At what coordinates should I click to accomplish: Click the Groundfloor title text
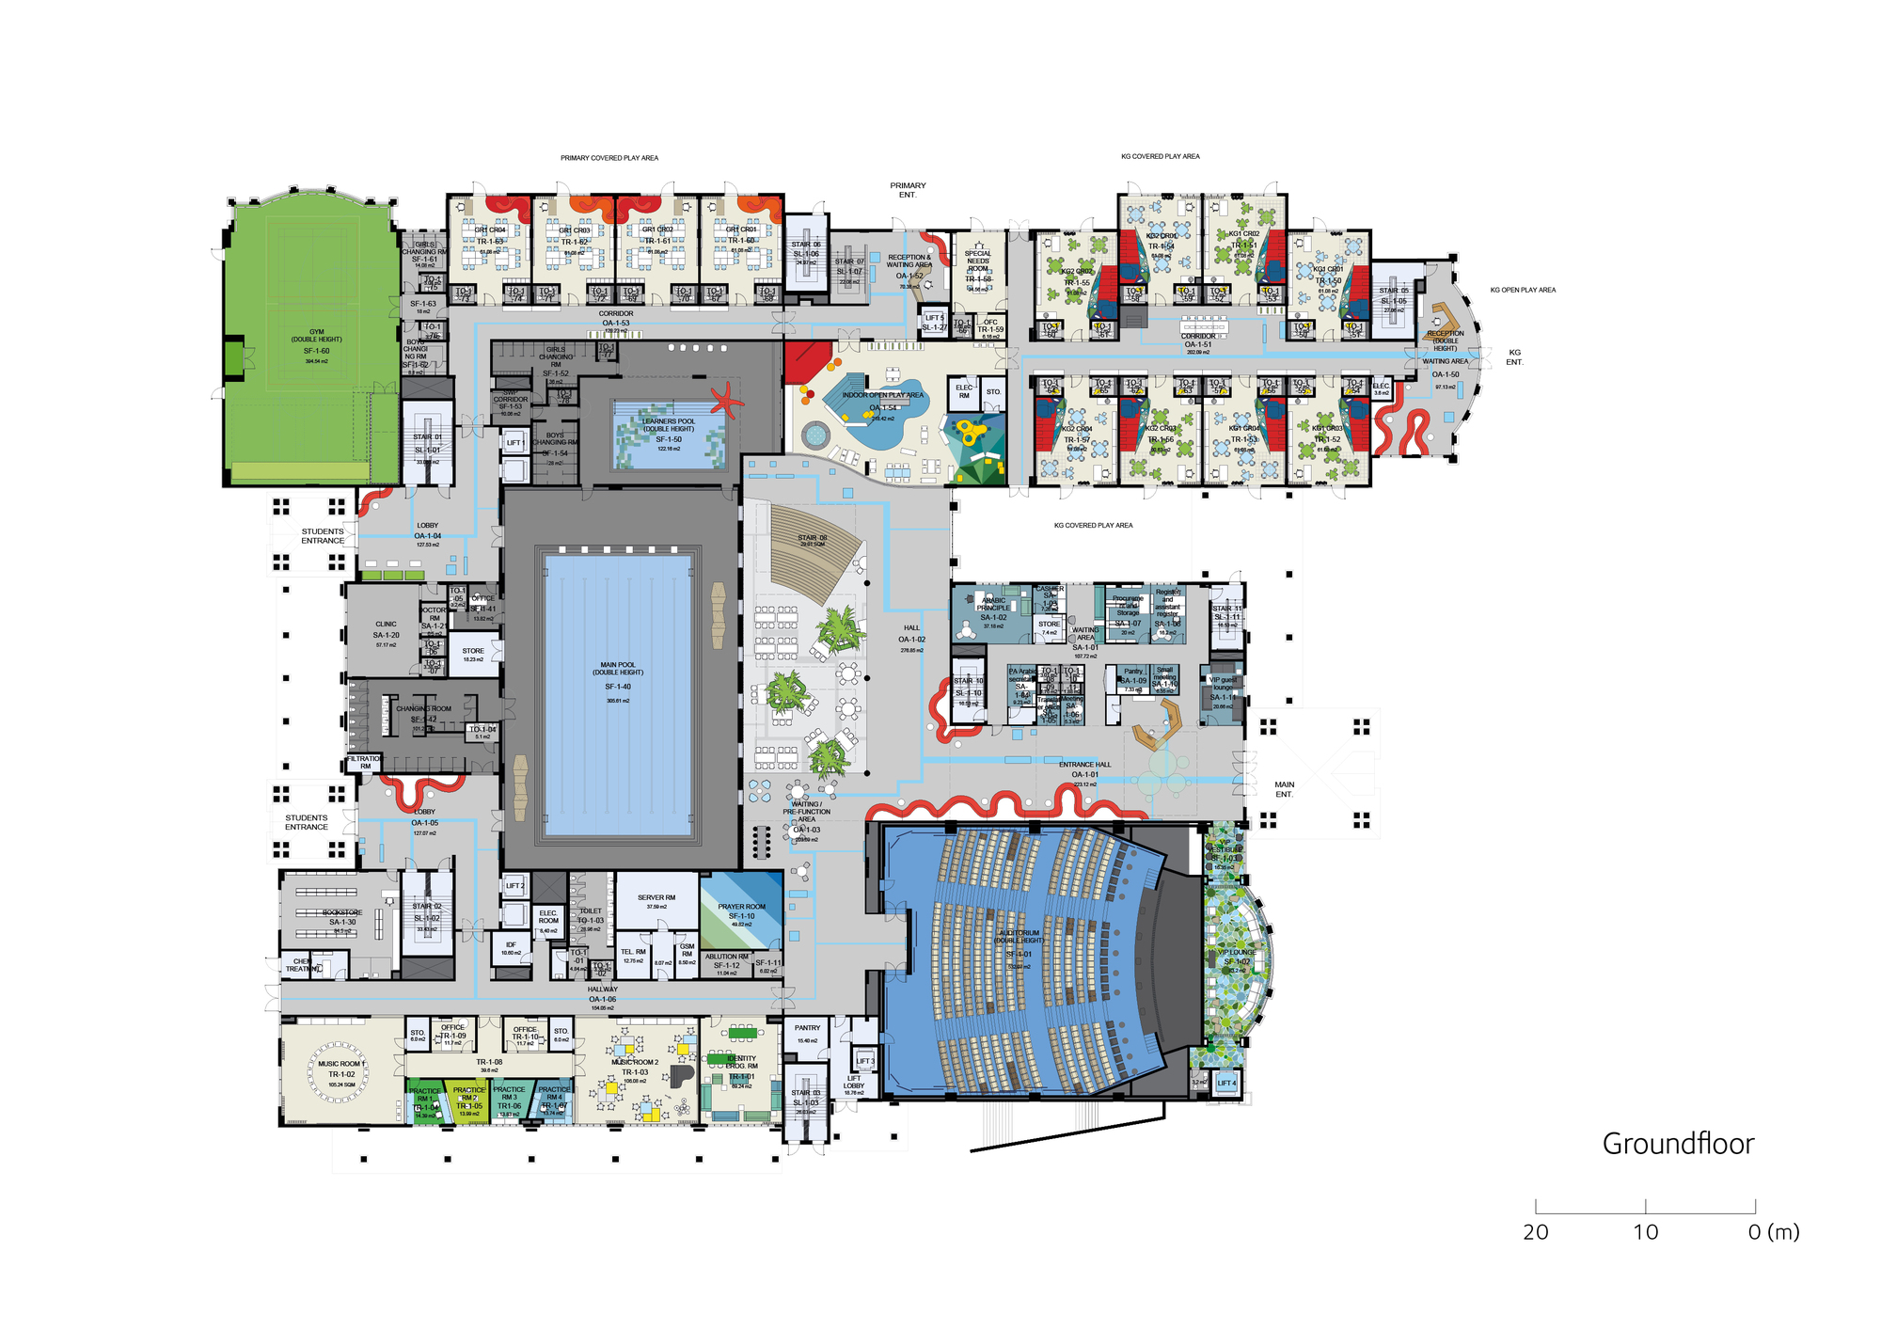pyautogui.click(x=1678, y=1144)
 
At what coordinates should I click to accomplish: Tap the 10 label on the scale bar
pyautogui.click(x=1645, y=1232)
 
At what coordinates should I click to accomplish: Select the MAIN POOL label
pyautogui.click(x=618, y=670)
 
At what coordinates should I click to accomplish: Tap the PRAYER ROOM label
pyautogui.click(x=741, y=908)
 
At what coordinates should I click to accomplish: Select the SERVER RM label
pyautogui.click(x=656, y=898)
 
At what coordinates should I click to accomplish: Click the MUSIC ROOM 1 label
pyautogui.click(x=341, y=1065)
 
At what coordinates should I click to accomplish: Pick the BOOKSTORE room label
pyautogui.click(x=342, y=913)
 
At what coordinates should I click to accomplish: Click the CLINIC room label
pyautogui.click(x=386, y=625)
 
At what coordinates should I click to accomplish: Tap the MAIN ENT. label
pyautogui.click(x=1284, y=789)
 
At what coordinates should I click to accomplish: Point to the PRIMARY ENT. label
pyautogui.click(x=908, y=190)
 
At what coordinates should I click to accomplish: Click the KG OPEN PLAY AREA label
pyautogui.click(x=1523, y=291)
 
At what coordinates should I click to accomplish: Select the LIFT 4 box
pyautogui.click(x=1226, y=1084)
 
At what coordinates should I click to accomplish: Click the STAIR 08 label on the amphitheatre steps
pyautogui.click(x=812, y=539)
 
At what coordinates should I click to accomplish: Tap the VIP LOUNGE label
pyautogui.click(x=1237, y=953)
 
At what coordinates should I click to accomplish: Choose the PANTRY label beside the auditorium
pyautogui.click(x=807, y=1028)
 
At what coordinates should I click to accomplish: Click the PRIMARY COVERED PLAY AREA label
pyautogui.click(x=609, y=158)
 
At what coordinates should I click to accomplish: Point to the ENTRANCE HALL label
pyautogui.click(x=1084, y=765)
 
